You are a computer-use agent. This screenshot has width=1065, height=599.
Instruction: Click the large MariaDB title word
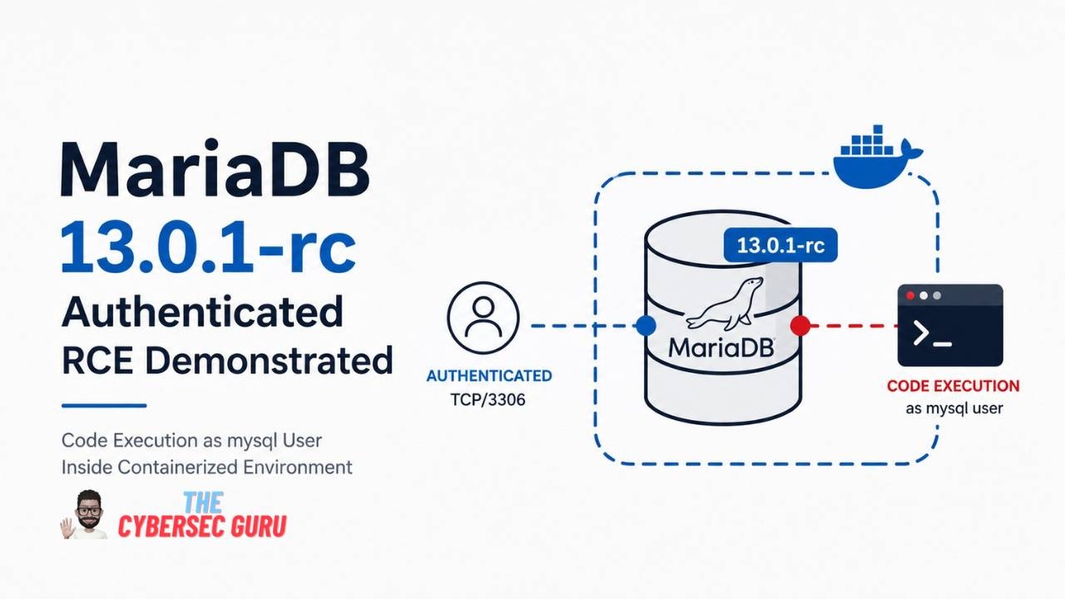point(215,168)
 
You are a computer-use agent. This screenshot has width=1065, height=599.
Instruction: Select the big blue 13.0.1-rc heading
point(209,246)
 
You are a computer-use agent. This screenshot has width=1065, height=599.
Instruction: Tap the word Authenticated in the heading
point(202,311)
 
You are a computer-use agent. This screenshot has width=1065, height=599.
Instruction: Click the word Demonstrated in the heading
point(269,361)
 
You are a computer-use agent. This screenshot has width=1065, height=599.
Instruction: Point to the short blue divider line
point(104,405)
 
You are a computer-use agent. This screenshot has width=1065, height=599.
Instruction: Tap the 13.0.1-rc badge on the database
point(780,245)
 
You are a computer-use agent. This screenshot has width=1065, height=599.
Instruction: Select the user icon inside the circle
point(483,318)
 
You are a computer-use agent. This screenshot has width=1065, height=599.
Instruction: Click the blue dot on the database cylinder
point(646,325)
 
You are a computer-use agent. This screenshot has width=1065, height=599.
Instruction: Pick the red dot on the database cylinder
point(800,325)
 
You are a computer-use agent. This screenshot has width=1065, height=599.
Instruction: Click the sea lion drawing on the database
point(725,304)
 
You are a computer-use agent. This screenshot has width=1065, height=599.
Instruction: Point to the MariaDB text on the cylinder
point(721,348)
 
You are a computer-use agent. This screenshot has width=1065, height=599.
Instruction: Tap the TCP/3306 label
point(488,399)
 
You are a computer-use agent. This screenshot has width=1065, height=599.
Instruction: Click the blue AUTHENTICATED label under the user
point(488,375)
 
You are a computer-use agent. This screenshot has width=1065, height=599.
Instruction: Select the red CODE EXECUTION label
point(954,385)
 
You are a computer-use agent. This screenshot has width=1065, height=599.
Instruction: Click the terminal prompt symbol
point(932,334)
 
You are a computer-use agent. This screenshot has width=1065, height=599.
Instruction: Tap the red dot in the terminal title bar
point(910,295)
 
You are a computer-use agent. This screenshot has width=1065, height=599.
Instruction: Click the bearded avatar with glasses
point(87,514)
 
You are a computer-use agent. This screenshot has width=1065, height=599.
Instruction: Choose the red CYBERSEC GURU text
point(202,527)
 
